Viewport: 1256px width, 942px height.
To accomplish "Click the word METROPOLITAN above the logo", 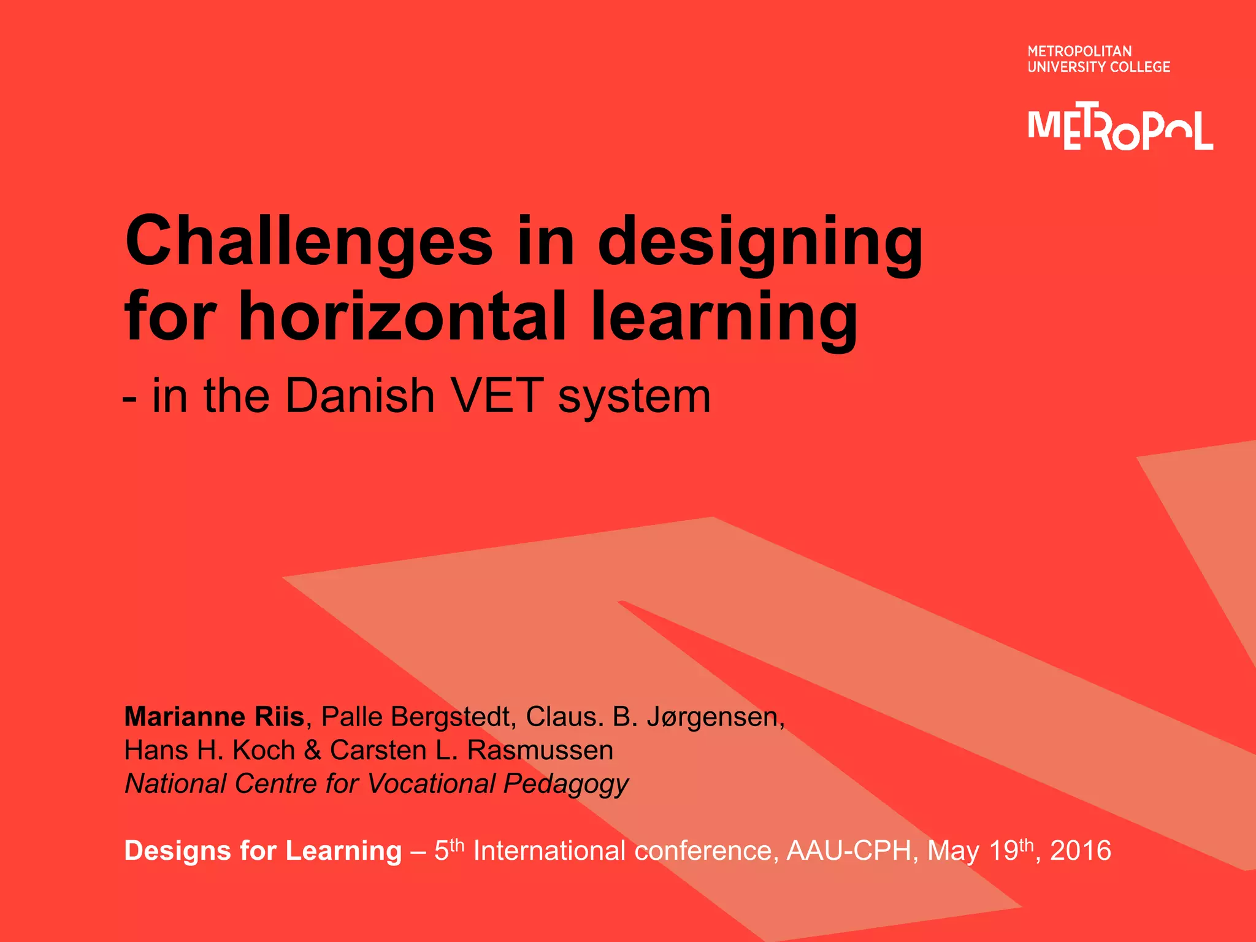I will tap(1079, 52).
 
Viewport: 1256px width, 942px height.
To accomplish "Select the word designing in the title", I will tap(760, 242).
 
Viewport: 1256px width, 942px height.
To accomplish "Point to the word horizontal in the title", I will tap(402, 318).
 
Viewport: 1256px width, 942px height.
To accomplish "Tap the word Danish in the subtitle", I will tap(360, 396).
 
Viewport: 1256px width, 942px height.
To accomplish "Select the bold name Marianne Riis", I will tap(214, 716).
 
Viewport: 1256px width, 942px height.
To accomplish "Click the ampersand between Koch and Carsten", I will tap(313, 750).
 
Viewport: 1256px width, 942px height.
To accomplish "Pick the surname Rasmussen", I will tap(540, 750).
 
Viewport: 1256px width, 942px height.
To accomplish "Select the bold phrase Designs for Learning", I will tap(263, 851).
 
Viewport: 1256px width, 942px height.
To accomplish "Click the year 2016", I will tap(1081, 851).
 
